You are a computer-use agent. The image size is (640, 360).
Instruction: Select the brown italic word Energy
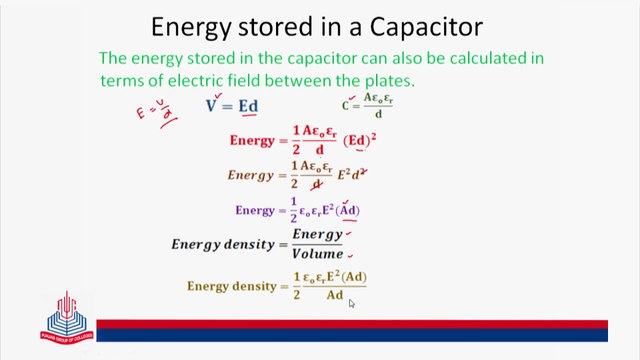pyautogui.click(x=250, y=175)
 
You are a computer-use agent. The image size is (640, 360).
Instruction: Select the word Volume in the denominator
pyautogui.click(x=317, y=254)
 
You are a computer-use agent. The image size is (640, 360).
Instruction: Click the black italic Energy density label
pyautogui.click(x=228, y=244)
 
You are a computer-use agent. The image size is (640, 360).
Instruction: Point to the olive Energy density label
pyautogui.click(x=231, y=286)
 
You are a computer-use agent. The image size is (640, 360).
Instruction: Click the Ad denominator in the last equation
pyautogui.click(x=334, y=295)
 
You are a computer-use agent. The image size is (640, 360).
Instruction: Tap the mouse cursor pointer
pyautogui.click(x=351, y=303)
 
